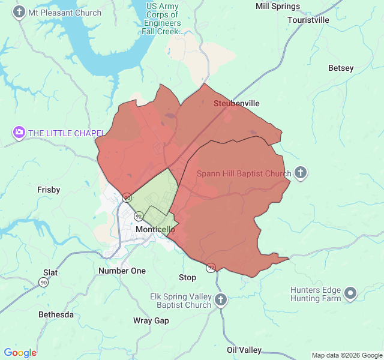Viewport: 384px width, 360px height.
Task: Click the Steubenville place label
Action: click(x=236, y=103)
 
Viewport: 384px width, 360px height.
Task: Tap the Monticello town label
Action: click(x=155, y=230)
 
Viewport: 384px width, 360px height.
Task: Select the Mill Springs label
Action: click(x=277, y=6)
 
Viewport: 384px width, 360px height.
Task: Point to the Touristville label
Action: click(x=308, y=20)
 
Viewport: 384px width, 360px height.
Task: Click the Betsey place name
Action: click(x=341, y=68)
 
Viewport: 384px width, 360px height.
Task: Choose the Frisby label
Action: click(x=49, y=190)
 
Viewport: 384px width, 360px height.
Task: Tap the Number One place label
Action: click(x=122, y=271)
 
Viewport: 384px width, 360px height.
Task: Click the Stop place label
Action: click(x=187, y=277)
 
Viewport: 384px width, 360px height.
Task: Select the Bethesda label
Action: click(x=56, y=314)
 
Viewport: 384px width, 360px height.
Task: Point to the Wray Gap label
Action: click(x=151, y=320)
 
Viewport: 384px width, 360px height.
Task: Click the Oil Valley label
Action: click(x=244, y=350)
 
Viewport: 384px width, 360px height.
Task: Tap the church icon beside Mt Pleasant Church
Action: click(x=19, y=12)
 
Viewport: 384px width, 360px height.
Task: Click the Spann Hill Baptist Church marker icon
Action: click(x=301, y=173)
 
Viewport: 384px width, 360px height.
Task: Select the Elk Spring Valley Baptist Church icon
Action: click(x=221, y=299)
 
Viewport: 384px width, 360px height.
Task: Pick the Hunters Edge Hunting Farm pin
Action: click(x=350, y=293)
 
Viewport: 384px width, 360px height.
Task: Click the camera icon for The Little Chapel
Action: click(x=19, y=133)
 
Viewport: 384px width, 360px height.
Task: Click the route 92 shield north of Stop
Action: click(x=211, y=267)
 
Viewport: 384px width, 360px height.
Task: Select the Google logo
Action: click(x=20, y=353)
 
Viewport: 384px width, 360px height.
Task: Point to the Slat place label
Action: click(x=50, y=272)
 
